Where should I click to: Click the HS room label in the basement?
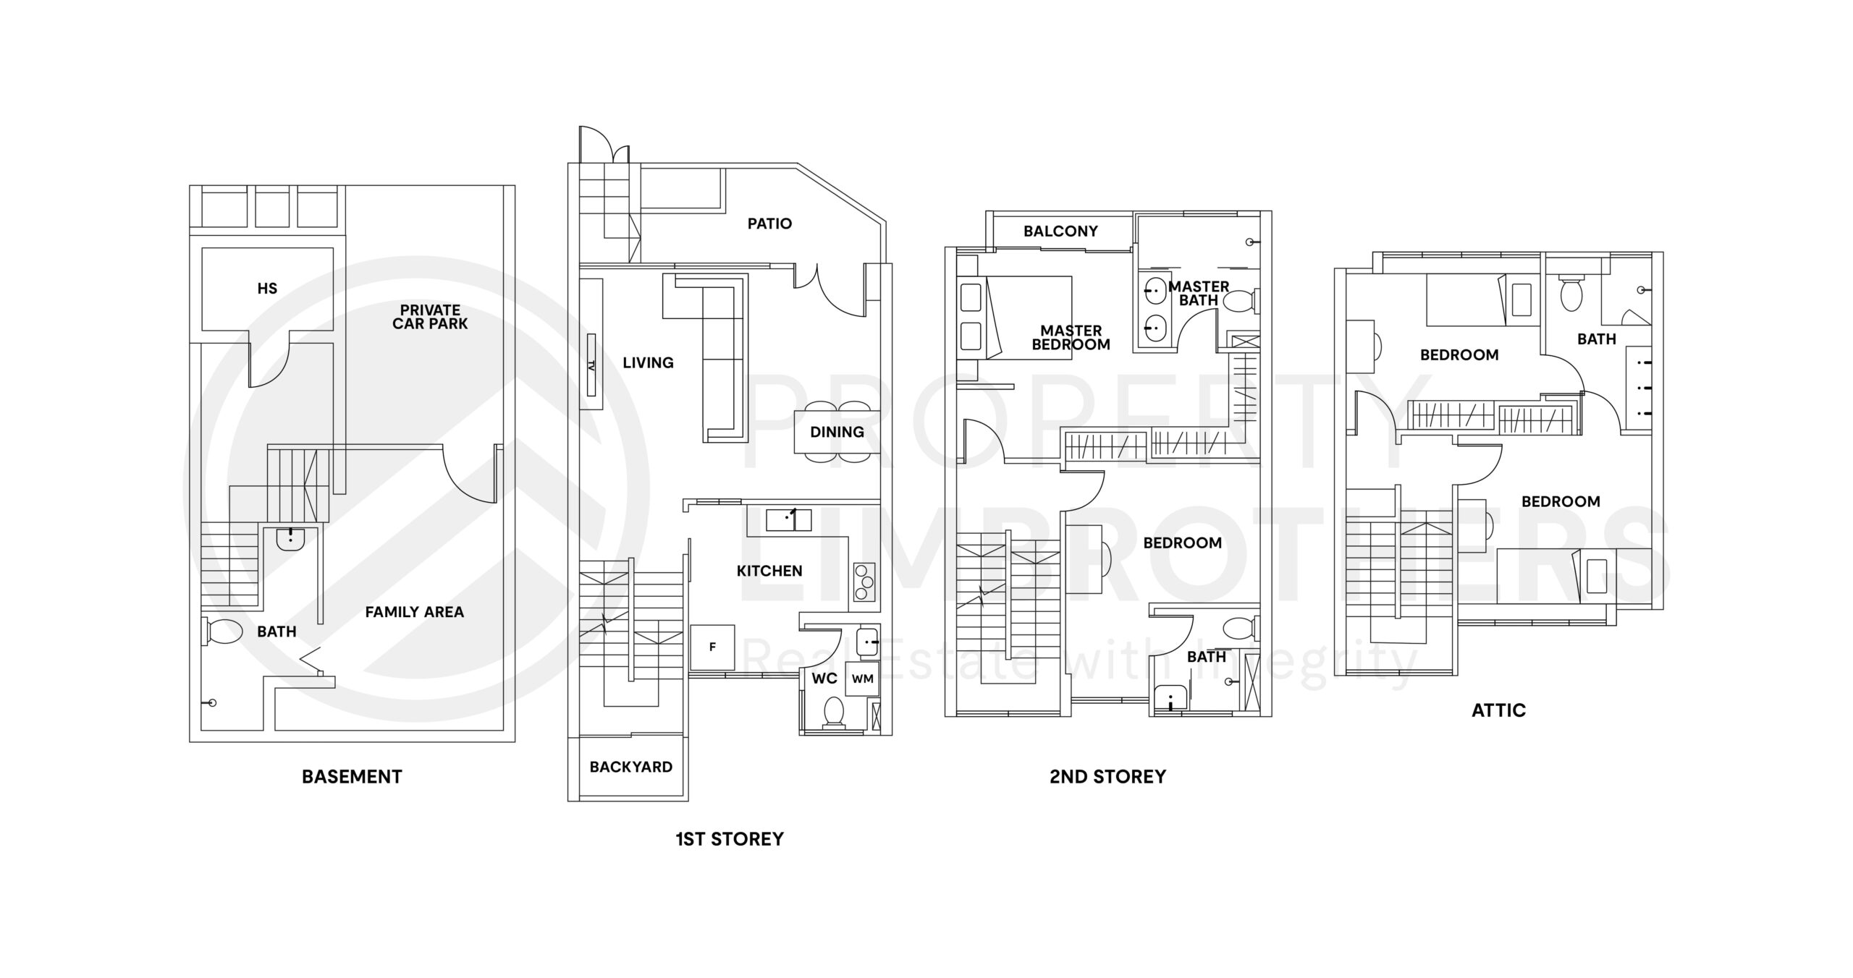267,289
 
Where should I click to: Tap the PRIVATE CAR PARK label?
430,317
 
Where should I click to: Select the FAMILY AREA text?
414,612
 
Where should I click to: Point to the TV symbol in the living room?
591,365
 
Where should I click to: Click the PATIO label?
769,224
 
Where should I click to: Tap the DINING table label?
837,432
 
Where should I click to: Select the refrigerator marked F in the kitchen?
712,647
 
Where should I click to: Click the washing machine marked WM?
862,679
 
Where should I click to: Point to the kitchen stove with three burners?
864,582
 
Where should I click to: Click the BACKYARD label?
630,767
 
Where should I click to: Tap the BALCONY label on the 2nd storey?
1060,231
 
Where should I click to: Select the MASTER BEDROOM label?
1071,338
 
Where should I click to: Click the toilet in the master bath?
1239,300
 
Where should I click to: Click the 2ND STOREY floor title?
1107,777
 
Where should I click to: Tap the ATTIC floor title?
1498,710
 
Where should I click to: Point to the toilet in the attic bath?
1570,293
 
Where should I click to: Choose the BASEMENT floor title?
352,777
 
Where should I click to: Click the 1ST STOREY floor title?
729,839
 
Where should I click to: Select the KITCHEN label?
769,571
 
